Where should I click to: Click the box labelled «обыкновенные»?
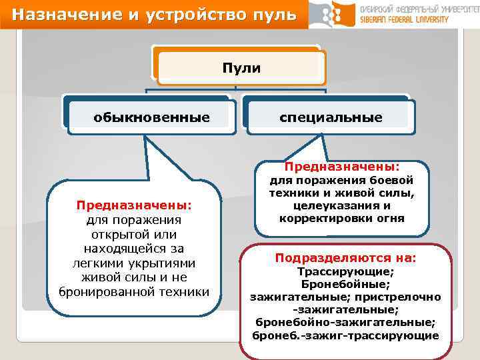click(x=151, y=117)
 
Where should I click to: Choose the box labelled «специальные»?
click(x=331, y=117)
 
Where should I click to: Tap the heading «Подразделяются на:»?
click(x=345, y=257)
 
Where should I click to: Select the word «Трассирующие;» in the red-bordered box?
click(x=345, y=272)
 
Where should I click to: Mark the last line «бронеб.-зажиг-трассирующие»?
click(x=345, y=335)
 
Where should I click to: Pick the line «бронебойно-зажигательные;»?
click(x=345, y=322)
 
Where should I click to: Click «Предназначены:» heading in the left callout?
click(x=133, y=205)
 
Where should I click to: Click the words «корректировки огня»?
click(x=341, y=218)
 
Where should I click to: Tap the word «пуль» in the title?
click(x=275, y=14)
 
